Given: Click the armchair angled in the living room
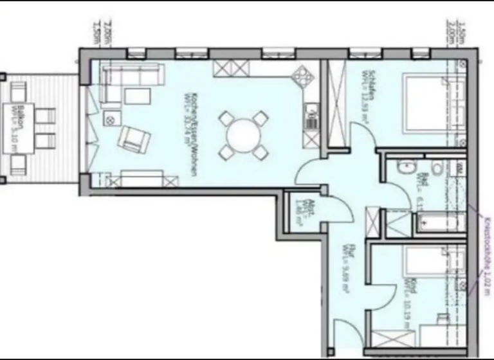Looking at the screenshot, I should click(x=134, y=138).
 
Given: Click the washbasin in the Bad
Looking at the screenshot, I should click(x=406, y=168).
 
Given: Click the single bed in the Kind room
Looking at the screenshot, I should click(x=433, y=264).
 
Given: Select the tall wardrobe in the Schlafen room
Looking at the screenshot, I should click(x=336, y=103).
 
